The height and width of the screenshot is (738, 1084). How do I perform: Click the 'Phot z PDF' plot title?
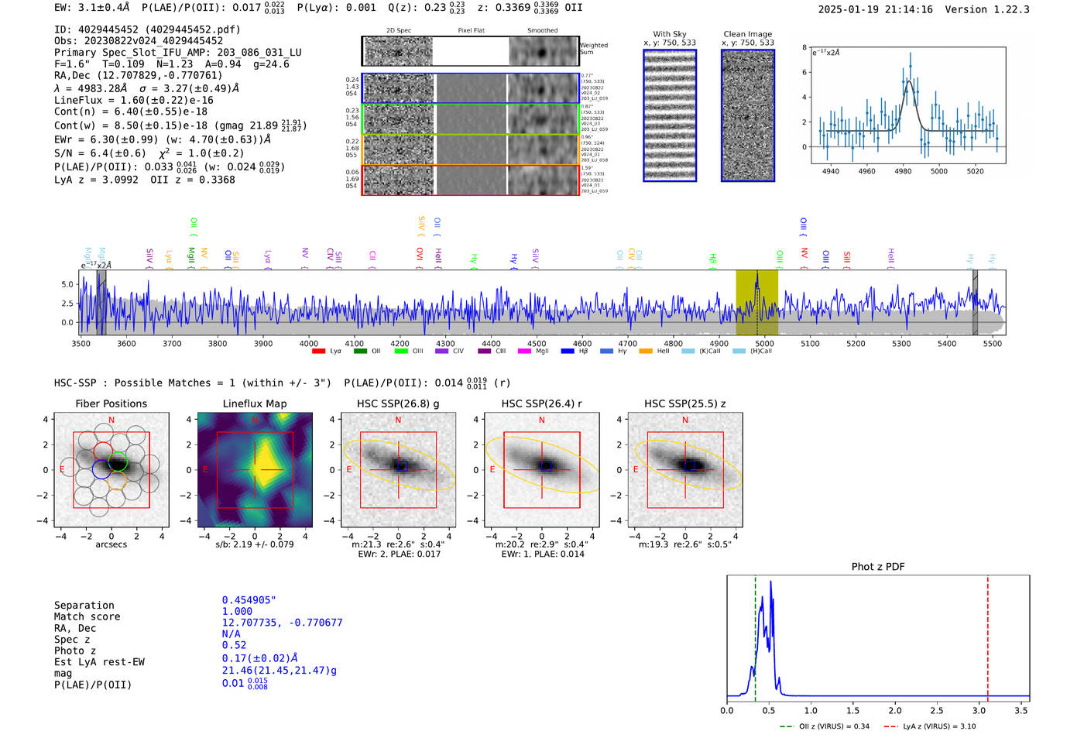coord(877,567)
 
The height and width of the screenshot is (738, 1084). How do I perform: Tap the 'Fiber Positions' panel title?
coord(111,403)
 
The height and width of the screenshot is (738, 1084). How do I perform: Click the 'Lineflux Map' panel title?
coord(255,403)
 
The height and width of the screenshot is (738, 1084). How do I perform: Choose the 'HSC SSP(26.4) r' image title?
coord(541,403)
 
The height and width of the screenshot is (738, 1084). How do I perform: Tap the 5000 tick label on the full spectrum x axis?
coord(764,343)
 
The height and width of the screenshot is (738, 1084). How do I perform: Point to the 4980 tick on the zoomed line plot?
coord(903,171)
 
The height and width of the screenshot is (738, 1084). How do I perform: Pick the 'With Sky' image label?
coord(669,34)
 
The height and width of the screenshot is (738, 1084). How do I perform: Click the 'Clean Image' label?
coord(747,34)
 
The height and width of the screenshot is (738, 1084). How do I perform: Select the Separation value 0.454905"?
coord(249,600)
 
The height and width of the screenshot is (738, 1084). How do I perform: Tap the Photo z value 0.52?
coord(234,645)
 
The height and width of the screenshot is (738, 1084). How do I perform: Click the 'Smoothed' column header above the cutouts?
coord(542,31)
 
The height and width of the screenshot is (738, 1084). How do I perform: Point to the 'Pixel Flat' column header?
coord(471,31)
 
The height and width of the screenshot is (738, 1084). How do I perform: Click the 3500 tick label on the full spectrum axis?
coord(81,343)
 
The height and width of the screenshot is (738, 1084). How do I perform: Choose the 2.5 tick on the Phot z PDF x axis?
coord(937,710)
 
